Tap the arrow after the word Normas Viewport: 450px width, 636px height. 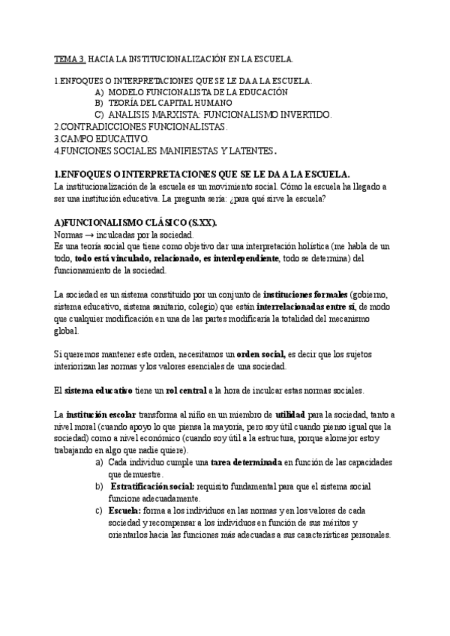(x=88, y=235)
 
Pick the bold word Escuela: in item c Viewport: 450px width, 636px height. (x=130, y=511)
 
